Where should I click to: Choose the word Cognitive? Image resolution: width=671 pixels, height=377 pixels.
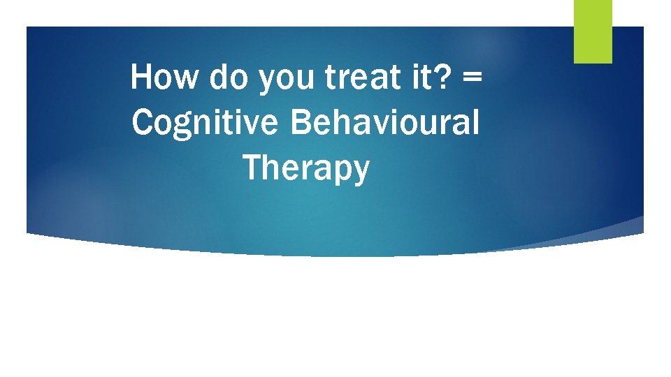pyautogui.click(x=205, y=123)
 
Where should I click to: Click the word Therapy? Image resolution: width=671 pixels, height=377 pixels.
pyautogui.click(x=305, y=169)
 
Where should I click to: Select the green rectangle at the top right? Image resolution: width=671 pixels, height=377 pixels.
pyautogui.click(x=593, y=31)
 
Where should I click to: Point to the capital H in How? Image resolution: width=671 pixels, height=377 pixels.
pyautogui.click(x=142, y=77)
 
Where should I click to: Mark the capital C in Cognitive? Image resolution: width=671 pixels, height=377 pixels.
pyautogui.click(x=141, y=122)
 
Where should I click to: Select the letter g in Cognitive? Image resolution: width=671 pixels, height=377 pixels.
pyautogui.click(x=180, y=126)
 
